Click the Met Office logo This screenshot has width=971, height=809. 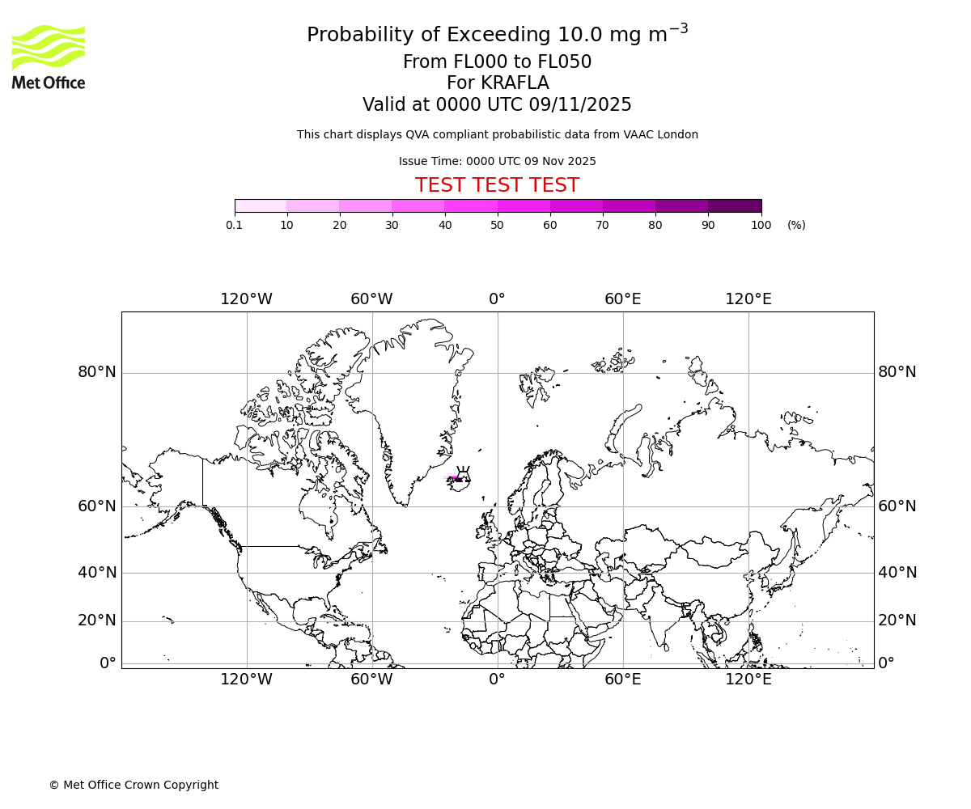49,57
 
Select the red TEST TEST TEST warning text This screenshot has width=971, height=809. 497,185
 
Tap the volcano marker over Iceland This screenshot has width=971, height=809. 464,474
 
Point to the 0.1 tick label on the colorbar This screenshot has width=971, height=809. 234,226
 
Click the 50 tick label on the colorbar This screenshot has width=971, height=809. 497,226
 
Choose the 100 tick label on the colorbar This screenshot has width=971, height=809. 761,226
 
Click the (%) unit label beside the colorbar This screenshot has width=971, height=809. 796,226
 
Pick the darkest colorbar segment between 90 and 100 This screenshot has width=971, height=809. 735,206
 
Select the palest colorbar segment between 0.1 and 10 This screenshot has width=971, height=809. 261,206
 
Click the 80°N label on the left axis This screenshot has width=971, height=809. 97,372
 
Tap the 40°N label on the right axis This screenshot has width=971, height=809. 897,573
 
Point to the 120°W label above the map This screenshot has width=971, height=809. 247,299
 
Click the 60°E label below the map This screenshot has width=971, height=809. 623,680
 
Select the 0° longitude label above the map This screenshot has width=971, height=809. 497,299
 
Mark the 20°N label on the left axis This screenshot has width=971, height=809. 97,621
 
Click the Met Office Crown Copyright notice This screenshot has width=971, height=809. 134,785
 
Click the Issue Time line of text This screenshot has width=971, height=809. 497,162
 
